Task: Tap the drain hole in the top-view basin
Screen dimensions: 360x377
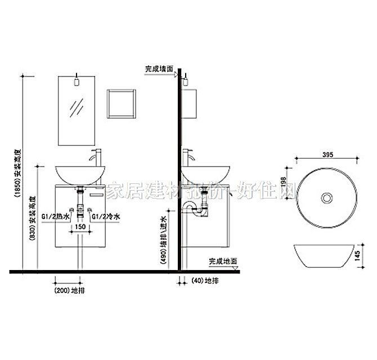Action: (x=326, y=198)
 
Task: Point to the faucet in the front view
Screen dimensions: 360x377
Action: (x=97, y=157)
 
